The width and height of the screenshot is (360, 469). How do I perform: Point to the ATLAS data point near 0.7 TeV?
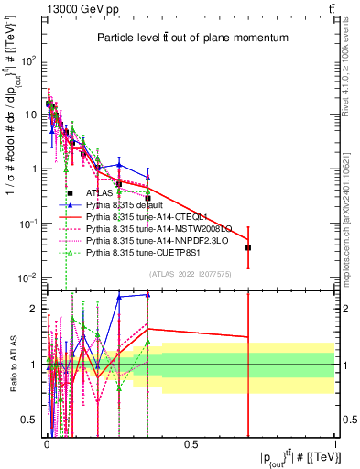pos(248,247)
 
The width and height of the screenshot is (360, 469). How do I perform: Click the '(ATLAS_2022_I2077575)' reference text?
pos(190,274)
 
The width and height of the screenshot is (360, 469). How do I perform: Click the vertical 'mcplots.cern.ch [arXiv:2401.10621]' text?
pos(352,202)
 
